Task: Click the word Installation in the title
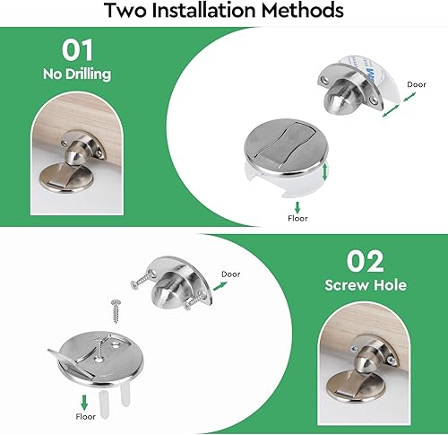pos(203,10)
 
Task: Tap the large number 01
pos(77,50)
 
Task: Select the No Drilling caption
pos(77,74)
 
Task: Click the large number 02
pos(366,261)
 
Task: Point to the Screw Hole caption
pos(366,285)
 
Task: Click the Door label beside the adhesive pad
pos(417,84)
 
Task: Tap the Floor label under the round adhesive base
pos(297,219)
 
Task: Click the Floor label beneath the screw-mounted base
pos(86,417)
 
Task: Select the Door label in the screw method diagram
pos(231,274)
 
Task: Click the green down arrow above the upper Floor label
pos(297,207)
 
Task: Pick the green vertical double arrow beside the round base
pos(325,171)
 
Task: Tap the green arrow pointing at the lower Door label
pos(220,286)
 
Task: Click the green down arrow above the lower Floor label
pos(84,403)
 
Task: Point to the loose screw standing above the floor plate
pos(116,311)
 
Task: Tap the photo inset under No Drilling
pos(77,153)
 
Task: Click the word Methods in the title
pos(303,10)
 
